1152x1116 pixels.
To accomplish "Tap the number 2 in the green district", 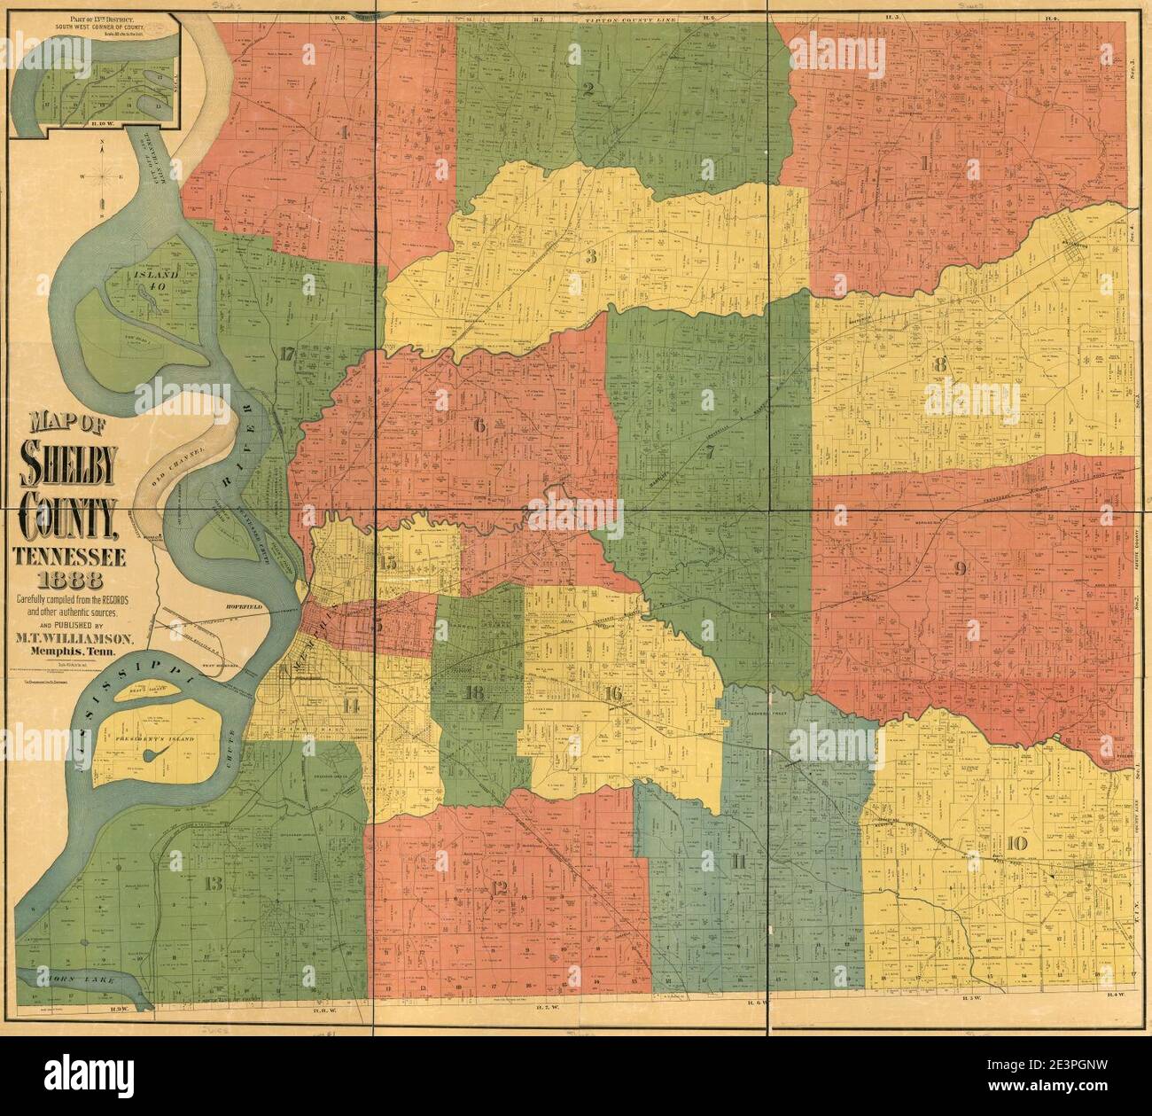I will click(588, 88).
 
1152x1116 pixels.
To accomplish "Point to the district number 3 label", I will click(591, 257).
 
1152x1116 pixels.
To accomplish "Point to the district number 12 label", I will click(501, 888).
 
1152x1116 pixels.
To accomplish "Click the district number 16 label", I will click(612, 694).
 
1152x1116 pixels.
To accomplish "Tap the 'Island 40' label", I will click(158, 276).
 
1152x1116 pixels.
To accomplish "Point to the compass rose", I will click(103, 175).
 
